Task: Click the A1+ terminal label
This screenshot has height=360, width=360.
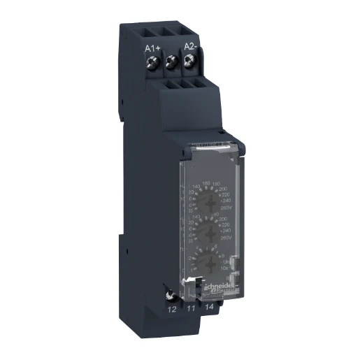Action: [x=152, y=48]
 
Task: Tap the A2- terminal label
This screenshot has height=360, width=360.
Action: [x=189, y=46]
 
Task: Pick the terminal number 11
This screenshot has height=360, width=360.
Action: [x=189, y=306]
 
